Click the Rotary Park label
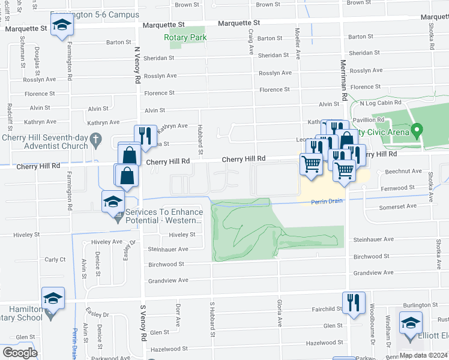pyautogui.click(x=185, y=37)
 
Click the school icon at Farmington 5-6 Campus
pyautogui.click(x=61, y=26)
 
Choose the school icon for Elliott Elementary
pyautogui.click(x=411, y=323)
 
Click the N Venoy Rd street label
pyautogui.click(x=137, y=65)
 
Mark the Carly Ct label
pyautogui.click(x=55, y=260)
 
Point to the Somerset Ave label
pyautogui.click(x=397, y=206)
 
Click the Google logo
pyautogui.click(x=20, y=353)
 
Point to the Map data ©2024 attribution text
pyautogui.click(x=423, y=355)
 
